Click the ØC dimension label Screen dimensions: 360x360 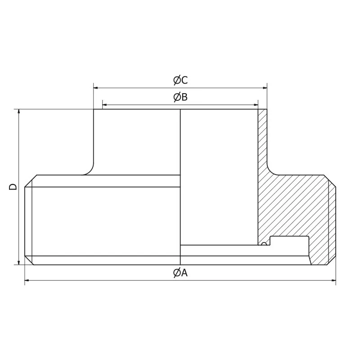(x=180, y=81)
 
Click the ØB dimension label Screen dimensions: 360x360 (x=180, y=97)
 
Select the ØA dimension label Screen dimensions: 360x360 (x=180, y=273)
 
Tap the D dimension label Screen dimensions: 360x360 (x=13, y=186)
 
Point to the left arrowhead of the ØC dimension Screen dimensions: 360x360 (x=96, y=88)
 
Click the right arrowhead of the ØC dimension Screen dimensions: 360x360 (x=265, y=88)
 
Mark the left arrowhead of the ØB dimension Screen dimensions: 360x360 (x=104, y=105)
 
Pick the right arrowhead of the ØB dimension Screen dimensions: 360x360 (x=256, y=105)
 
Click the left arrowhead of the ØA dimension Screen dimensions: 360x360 (x=27, y=281)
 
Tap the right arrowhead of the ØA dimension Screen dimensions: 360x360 (x=333, y=281)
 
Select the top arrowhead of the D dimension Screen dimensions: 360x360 (x=19, y=112)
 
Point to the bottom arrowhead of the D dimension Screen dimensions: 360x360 (x=19, y=262)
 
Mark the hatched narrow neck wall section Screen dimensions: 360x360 (x=262, y=139)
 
